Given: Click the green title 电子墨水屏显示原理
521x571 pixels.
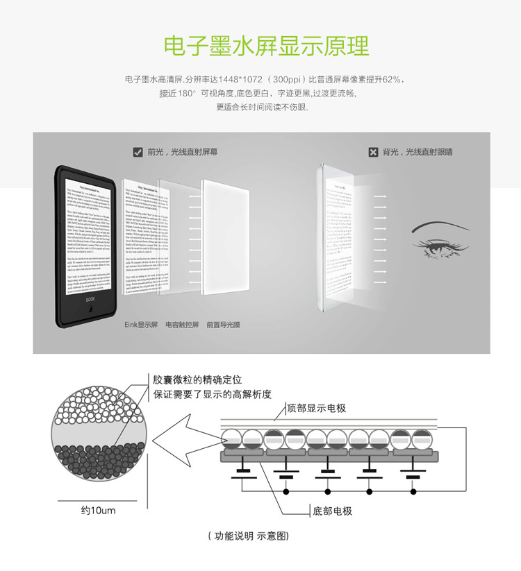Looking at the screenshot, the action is pyautogui.click(x=266, y=46).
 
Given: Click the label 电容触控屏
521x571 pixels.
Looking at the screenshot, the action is pyautogui.click(x=182, y=324).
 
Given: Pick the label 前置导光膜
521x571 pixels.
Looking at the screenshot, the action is pyautogui.click(x=224, y=324).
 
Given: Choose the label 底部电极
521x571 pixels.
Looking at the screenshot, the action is pyautogui.click(x=333, y=511).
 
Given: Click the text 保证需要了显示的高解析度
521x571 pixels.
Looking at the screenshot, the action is pyautogui.click(x=212, y=394).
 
